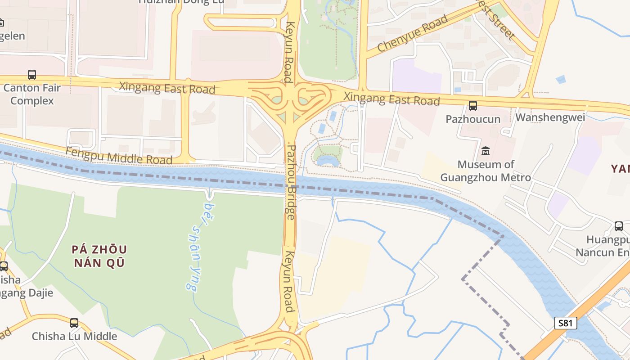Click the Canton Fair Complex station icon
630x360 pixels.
click(32, 75)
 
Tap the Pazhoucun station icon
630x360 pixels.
click(472, 106)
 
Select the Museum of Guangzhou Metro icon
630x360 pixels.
click(486, 151)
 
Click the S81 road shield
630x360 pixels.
click(565, 323)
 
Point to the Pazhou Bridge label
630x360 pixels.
click(291, 182)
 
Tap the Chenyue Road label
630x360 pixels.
click(413, 33)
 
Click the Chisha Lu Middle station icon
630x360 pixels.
click(74, 323)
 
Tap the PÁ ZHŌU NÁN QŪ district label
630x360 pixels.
click(99, 256)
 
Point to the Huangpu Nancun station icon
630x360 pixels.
click(619, 226)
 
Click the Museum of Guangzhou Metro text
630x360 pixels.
click(486, 171)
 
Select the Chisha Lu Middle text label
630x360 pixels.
click(74, 336)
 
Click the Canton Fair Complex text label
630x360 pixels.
click(32, 94)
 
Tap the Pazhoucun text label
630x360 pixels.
click(473, 119)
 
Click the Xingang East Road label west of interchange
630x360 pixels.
click(167, 88)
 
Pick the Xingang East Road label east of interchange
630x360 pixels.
click(391, 99)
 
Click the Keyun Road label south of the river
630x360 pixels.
click(288, 282)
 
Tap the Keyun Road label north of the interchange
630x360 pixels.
click(289, 52)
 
